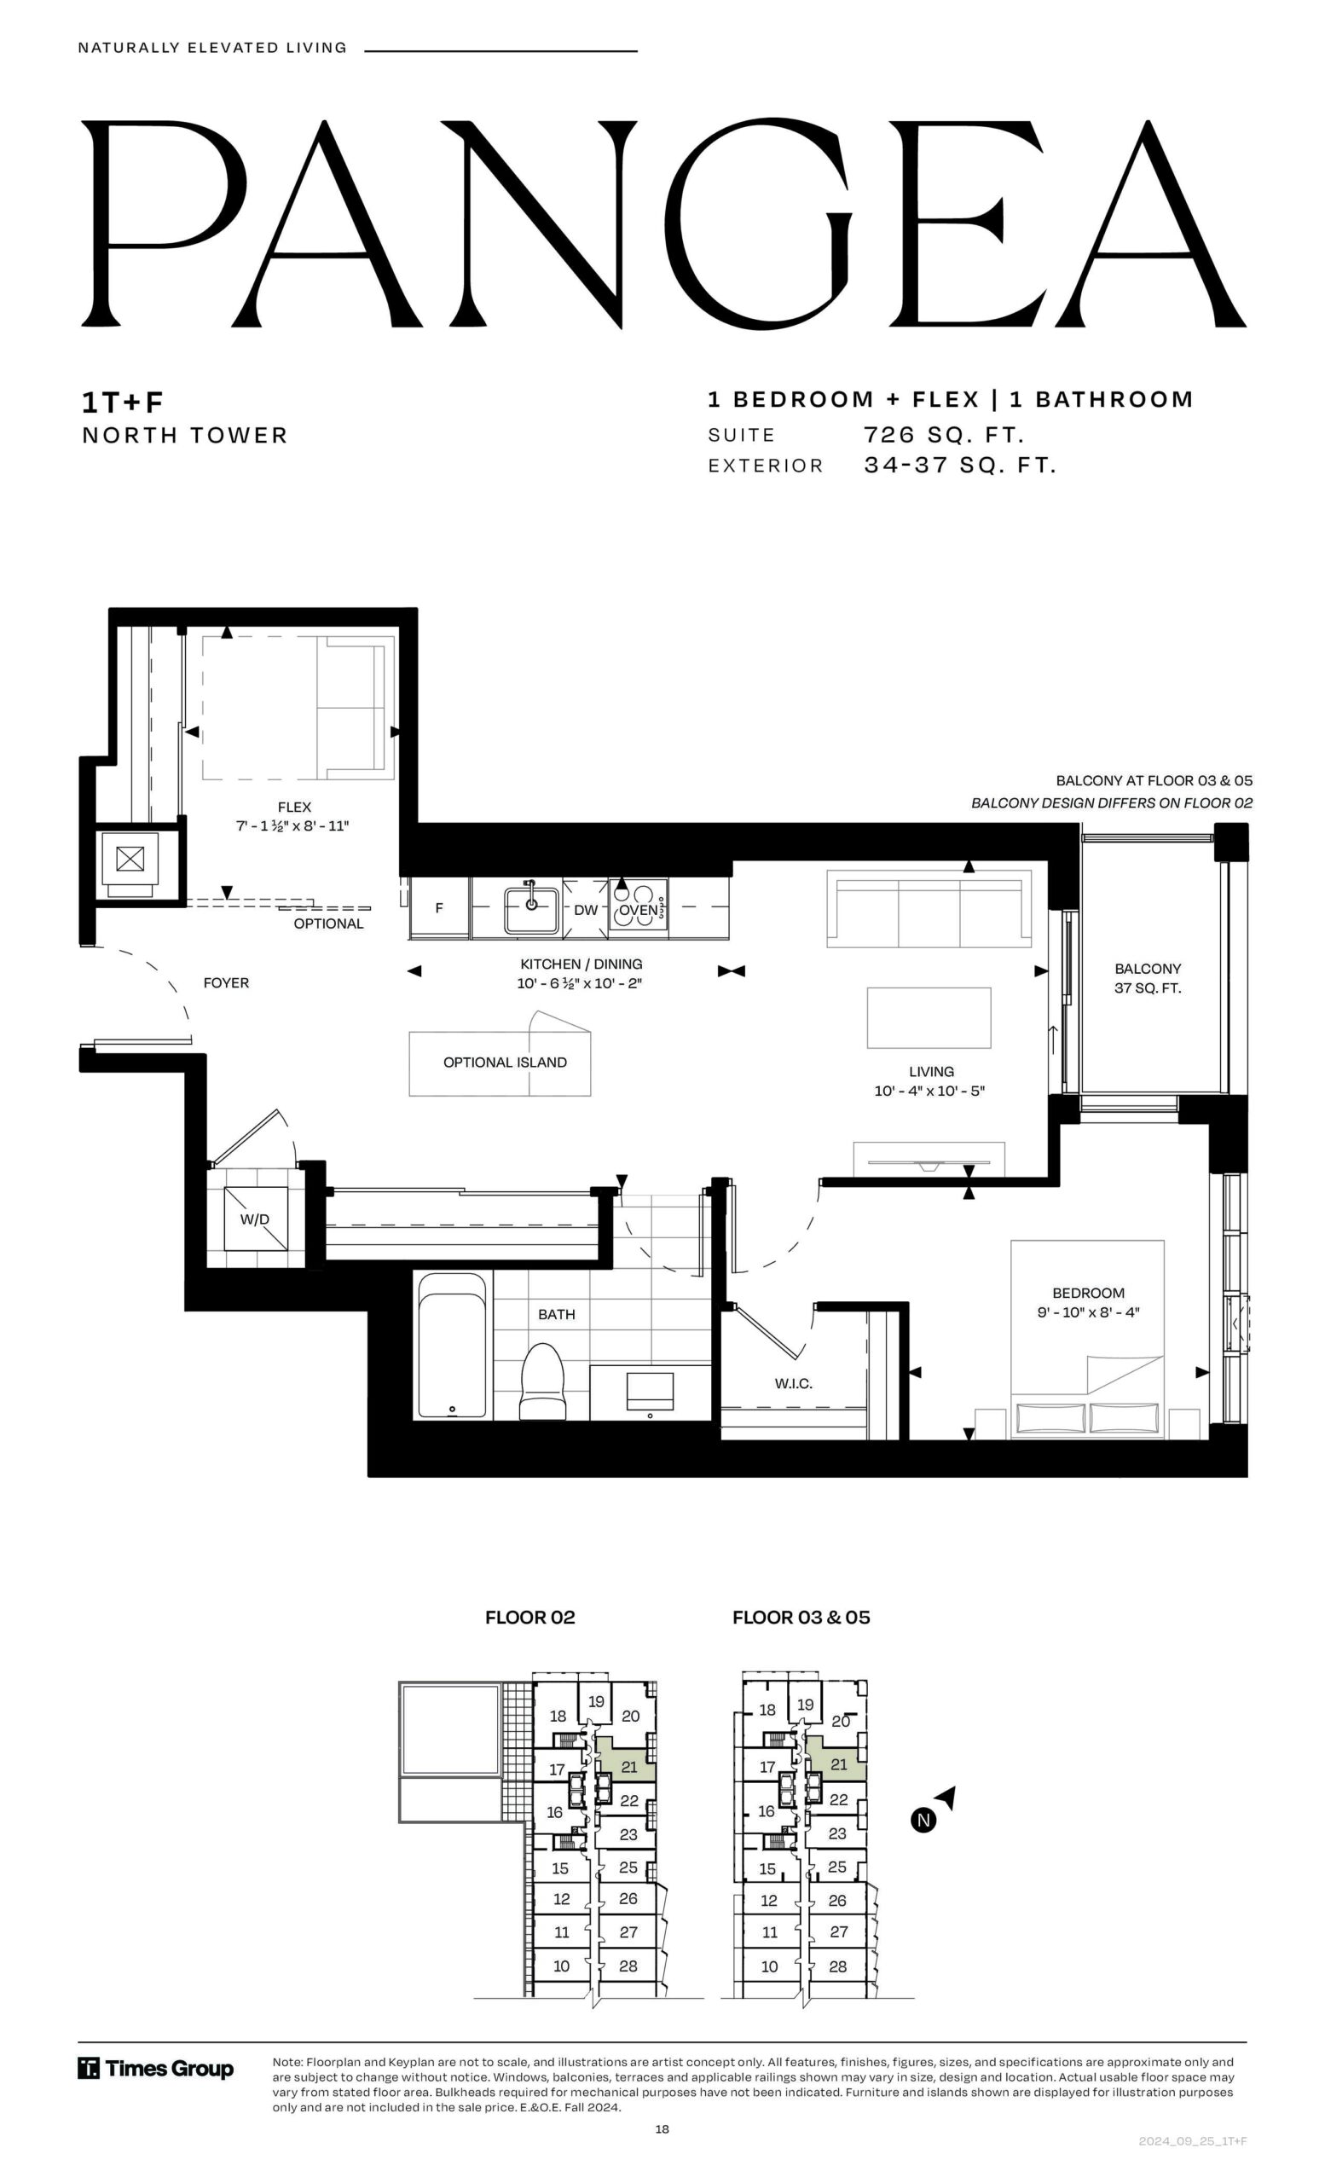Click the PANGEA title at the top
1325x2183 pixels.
[663, 223]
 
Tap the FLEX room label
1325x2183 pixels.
[294, 807]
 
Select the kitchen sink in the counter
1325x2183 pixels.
[531, 909]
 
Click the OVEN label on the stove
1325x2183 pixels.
[638, 910]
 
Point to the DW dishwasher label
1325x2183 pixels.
[586, 910]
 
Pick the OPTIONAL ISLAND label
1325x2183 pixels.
[505, 1063]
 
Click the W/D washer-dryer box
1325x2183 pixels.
[255, 1219]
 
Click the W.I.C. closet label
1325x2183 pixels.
[793, 1384]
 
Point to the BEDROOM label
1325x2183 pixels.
[1089, 1294]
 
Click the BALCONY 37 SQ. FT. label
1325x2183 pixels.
[1148, 978]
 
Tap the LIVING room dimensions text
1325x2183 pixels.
[929, 1091]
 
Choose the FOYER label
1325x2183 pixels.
[226, 982]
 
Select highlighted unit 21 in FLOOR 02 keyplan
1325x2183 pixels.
[628, 1767]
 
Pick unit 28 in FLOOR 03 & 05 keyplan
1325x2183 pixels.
[838, 1966]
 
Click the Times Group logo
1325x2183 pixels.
[156, 2069]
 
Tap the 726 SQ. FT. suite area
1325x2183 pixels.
[944, 435]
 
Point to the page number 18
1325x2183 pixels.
[662, 2129]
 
